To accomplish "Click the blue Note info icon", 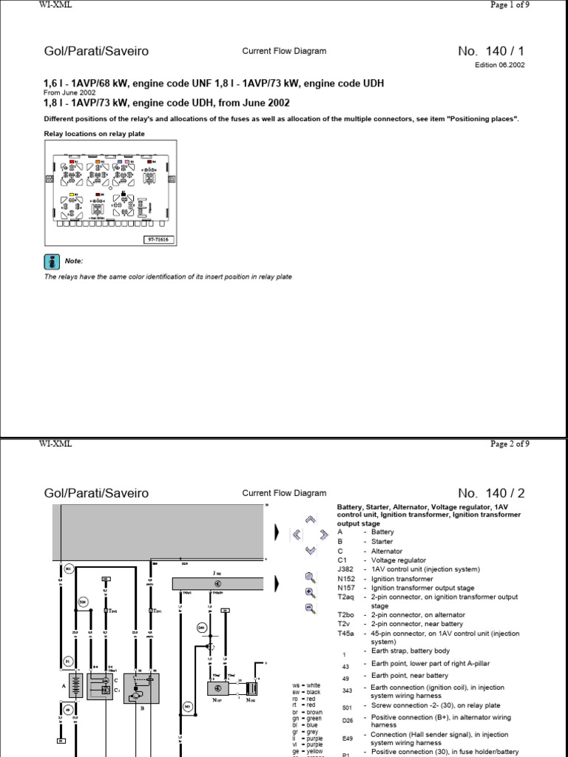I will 51,261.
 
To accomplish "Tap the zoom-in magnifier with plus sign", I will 310,592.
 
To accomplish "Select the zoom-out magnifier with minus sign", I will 310,608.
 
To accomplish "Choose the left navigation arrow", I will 297,533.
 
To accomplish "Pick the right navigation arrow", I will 323,534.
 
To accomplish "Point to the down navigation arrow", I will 311,549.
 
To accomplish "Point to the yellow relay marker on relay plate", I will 72,194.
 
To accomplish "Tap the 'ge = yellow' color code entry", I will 308,751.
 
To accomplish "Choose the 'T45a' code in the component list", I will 345,634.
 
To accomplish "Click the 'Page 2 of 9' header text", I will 510,444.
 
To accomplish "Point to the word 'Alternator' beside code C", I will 388,551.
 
